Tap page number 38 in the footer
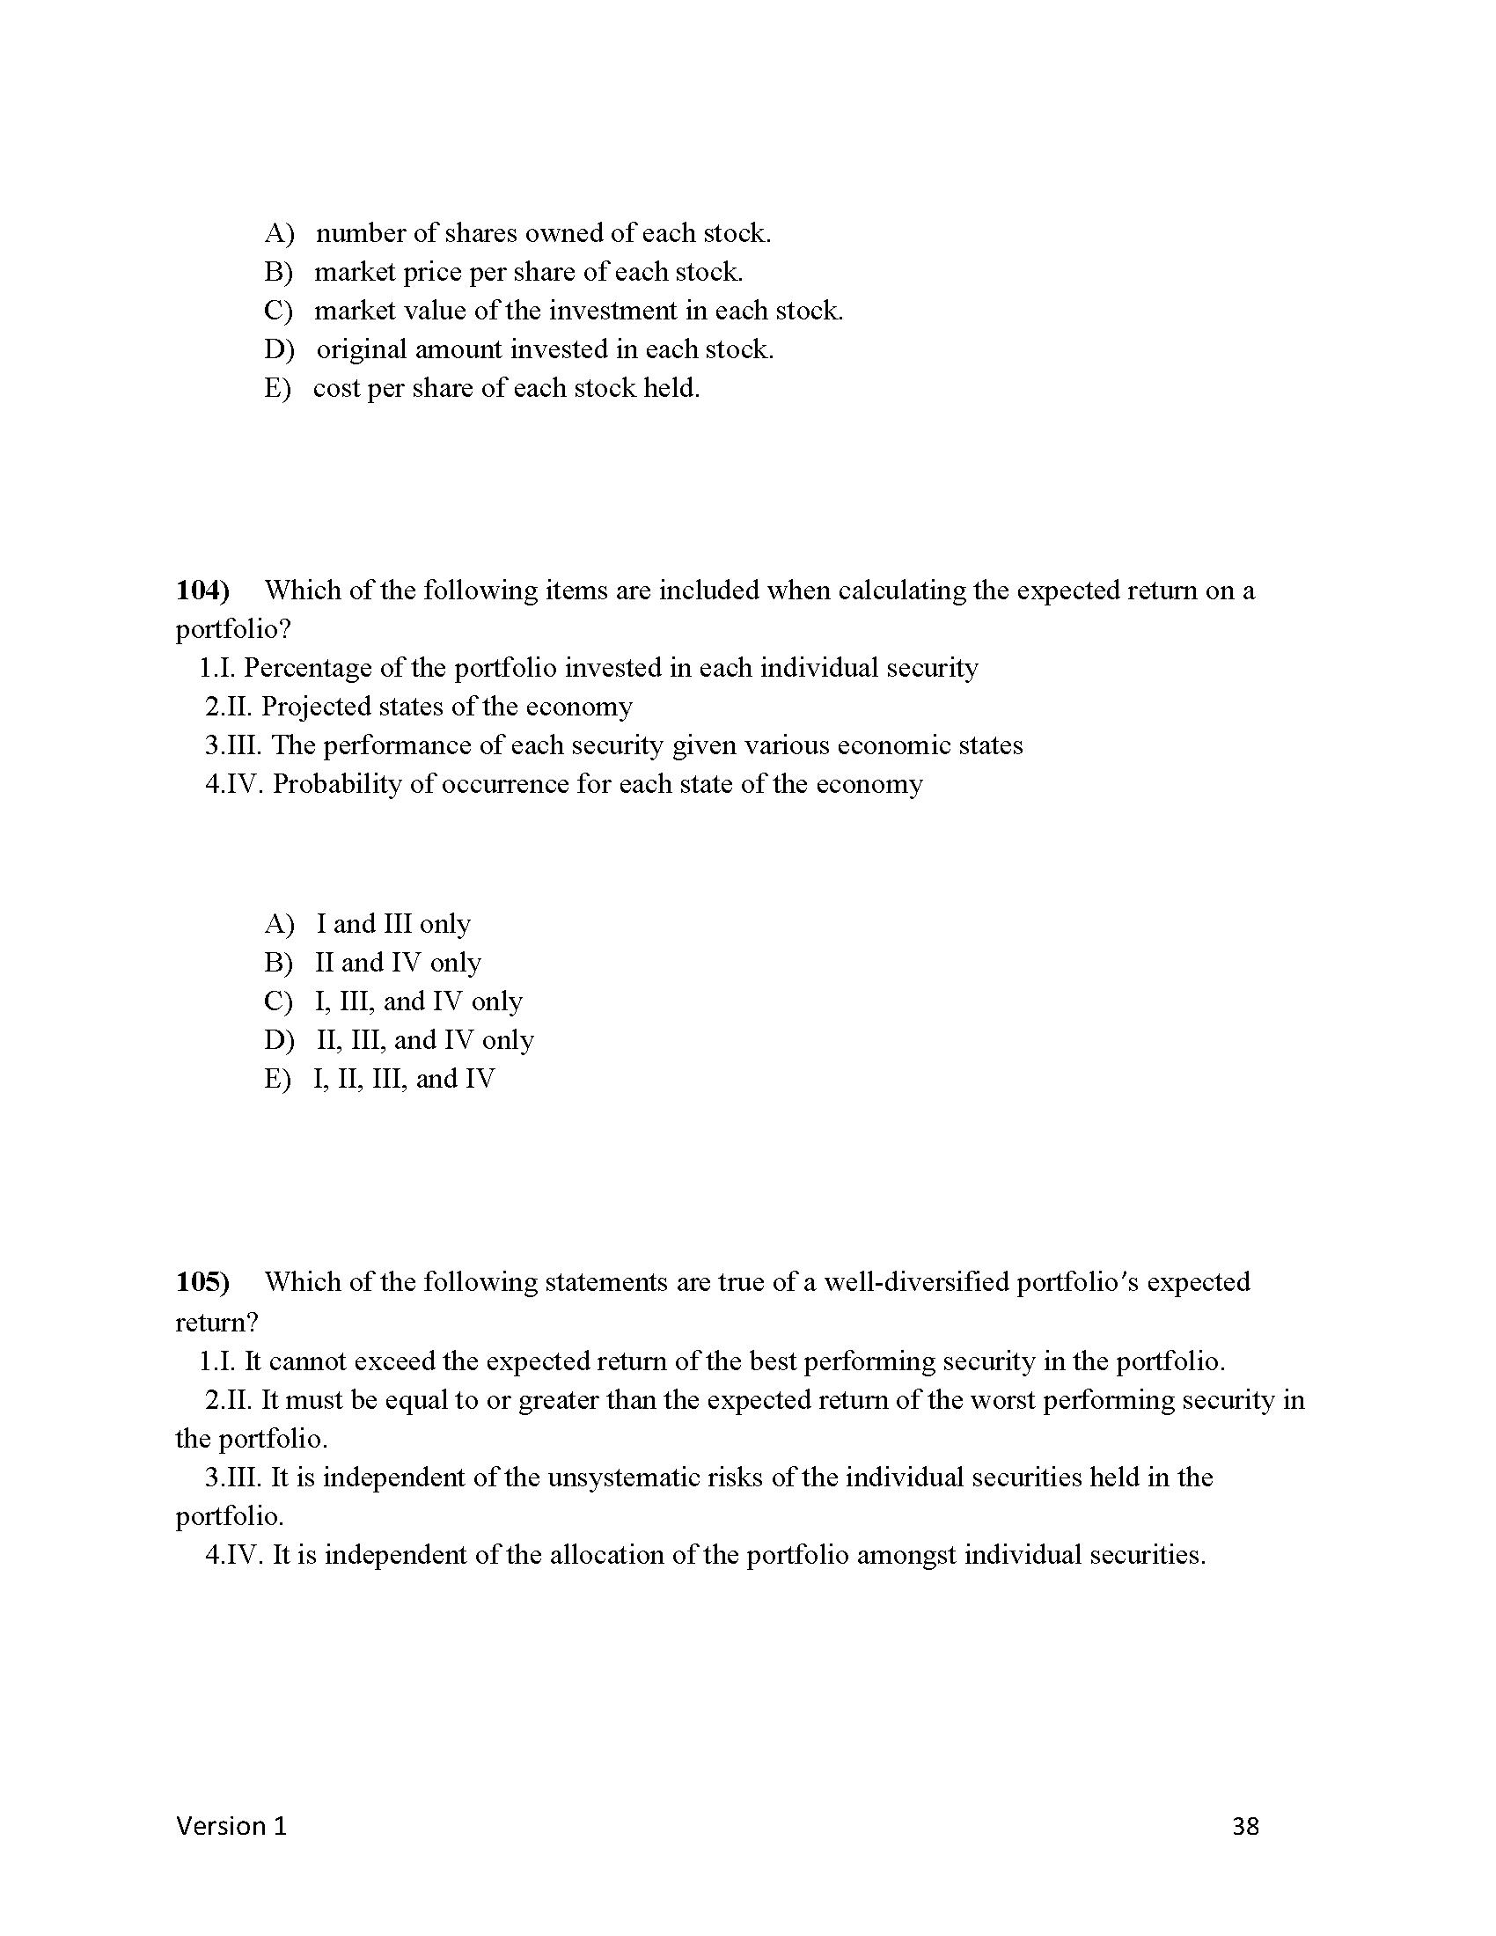(1245, 1826)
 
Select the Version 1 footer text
(231, 1826)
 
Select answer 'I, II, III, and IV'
(404, 1079)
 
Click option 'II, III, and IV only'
(424, 1040)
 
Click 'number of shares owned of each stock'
(543, 233)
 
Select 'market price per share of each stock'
(528, 272)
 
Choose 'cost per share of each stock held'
(506, 388)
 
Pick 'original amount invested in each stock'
(545, 349)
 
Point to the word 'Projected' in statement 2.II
(316, 707)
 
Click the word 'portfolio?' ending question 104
(233, 629)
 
